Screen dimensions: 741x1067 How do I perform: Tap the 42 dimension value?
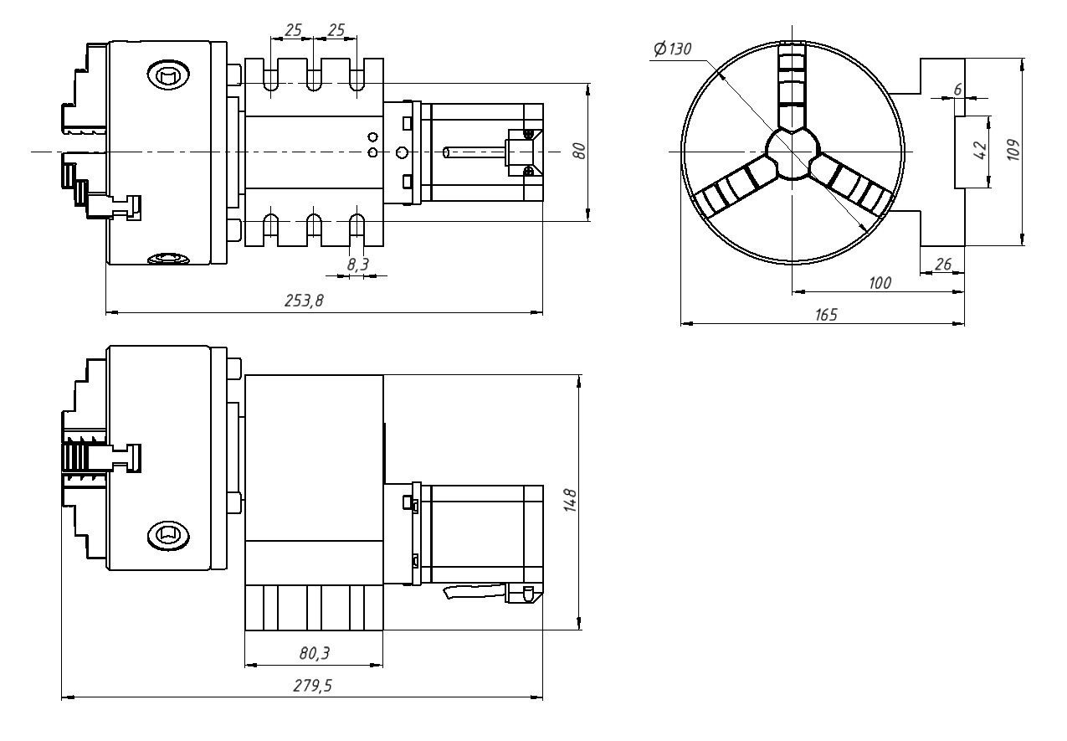(982, 152)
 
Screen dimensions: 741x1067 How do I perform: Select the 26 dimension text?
(943, 265)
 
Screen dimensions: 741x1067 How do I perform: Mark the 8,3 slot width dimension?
(358, 264)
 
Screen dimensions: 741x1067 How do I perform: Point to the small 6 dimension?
(958, 90)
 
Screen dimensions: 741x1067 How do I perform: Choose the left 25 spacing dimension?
(293, 31)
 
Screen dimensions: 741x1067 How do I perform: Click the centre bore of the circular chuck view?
(792, 152)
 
